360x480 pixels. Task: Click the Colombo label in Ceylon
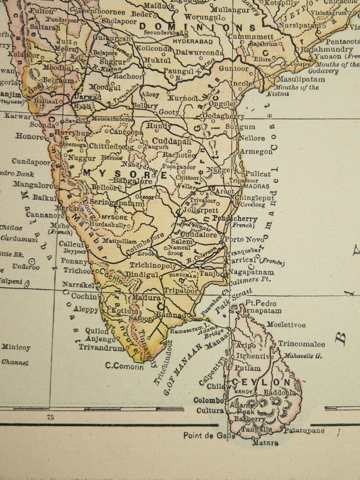(x=209, y=400)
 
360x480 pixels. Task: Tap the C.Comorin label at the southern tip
(x=124, y=366)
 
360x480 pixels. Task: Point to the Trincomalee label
(x=302, y=344)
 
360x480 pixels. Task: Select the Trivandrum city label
(x=101, y=348)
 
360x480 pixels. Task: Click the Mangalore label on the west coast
(x=33, y=185)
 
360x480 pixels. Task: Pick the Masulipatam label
(x=301, y=79)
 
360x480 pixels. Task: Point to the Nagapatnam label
(x=251, y=272)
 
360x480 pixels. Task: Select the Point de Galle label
(x=209, y=436)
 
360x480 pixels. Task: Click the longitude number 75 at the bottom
(x=50, y=417)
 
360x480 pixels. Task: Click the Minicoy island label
(x=16, y=348)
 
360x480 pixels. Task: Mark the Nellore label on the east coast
(x=252, y=138)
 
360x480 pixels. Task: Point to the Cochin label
(x=84, y=296)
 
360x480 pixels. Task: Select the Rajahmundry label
(x=327, y=49)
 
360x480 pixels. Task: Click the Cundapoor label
(x=31, y=162)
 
